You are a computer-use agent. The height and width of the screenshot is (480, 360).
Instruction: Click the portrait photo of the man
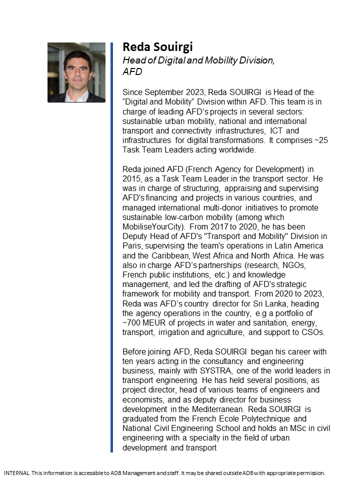pyautogui.click(x=76, y=72)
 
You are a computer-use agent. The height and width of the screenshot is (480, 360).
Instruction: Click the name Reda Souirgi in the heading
pyautogui.click(x=157, y=47)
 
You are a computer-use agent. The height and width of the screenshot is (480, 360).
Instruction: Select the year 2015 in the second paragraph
pyautogui.click(x=132, y=179)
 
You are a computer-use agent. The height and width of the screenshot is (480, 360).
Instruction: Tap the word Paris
pyautogui.click(x=133, y=246)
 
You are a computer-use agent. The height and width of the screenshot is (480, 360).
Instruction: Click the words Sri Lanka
pyautogui.click(x=256, y=303)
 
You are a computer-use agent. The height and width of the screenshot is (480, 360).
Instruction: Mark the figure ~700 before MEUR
pyautogui.click(x=132, y=322)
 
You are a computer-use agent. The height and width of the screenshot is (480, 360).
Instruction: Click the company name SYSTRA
pyautogui.click(x=222, y=370)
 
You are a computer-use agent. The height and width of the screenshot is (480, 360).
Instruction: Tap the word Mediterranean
pyautogui.click(x=209, y=409)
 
